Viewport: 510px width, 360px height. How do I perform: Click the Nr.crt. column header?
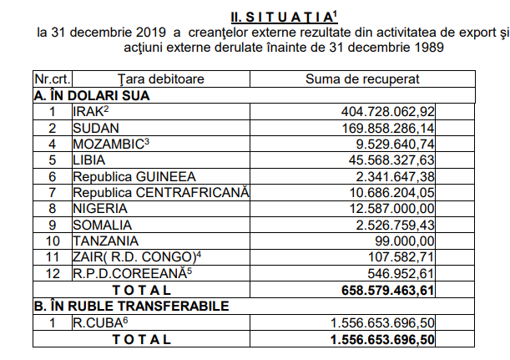(x=50, y=79)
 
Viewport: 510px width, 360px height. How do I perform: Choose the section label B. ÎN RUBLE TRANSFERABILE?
(x=129, y=306)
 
